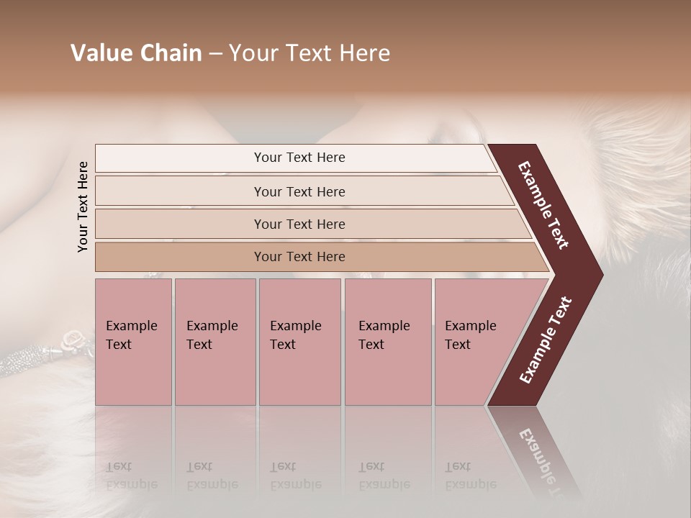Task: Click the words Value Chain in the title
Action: (x=136, y=53)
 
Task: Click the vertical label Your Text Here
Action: (x=83, y=206)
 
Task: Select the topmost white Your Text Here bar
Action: (x=299, y=158)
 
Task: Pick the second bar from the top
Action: (x=299, y=191)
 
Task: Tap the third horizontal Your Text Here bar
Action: (x=299, y=224)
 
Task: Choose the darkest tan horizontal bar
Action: (x=299, y=257)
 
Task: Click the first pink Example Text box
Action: (x=132, y=342)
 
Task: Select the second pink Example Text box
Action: (x=214, y=342)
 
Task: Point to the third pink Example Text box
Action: (x=299, y=342)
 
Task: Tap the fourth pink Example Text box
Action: (x=387, y=342)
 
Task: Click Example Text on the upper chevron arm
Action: (x=543, y=205)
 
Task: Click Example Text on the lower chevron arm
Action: (x=546, y=340)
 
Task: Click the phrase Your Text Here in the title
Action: (x=310, y=53)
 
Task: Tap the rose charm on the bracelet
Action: (x=73, y=337)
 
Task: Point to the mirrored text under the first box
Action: (x=131, y=476)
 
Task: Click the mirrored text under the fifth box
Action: (x=470, y=476)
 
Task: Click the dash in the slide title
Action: (x=215, y=53)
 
